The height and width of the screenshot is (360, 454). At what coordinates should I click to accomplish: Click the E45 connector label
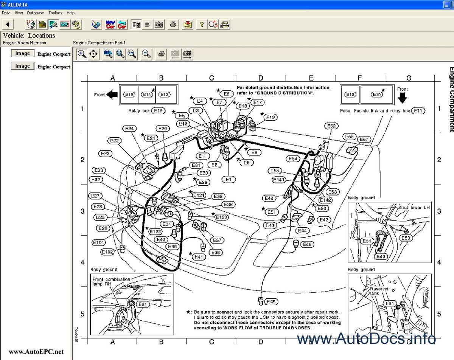coord(271,302)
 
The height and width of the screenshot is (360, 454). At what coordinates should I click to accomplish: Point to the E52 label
coord(331,126)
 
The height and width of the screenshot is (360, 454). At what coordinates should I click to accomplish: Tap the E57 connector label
coord(364,140)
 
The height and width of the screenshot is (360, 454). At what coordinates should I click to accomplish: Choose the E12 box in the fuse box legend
coord(350,95)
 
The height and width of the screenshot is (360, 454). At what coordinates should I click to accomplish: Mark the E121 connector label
coord(199,196)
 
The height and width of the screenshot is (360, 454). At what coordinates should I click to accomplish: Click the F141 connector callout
coord(279,180)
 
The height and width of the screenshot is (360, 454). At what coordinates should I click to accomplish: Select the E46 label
coord(307,245)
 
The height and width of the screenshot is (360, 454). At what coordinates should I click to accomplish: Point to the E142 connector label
coord(325,200)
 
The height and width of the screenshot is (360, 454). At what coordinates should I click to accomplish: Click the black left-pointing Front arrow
coord(112,95)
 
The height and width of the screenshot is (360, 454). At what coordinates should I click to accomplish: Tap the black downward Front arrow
coord(403,98)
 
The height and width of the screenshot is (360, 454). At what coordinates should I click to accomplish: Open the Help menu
coord(70,13)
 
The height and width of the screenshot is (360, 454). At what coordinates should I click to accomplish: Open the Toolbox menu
coord(55,13)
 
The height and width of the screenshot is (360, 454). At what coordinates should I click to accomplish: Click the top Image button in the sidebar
coord(22,54)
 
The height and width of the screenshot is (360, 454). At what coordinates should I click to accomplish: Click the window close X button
coord(449,5)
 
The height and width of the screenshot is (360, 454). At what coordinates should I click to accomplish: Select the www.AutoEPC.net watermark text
coord(36,352)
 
